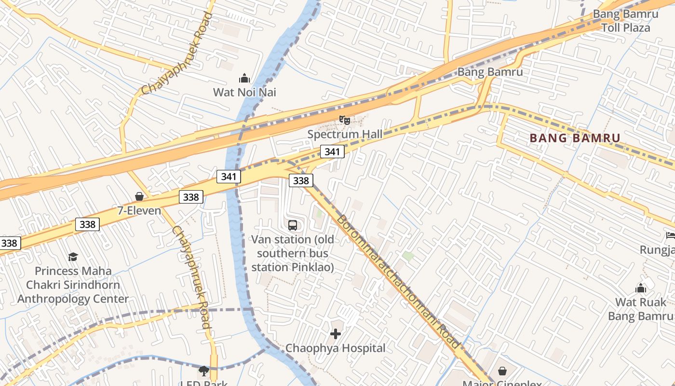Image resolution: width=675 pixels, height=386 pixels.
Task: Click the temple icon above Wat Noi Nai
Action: coord(244,78)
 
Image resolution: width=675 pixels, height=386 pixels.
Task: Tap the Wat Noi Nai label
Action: coord(244,92)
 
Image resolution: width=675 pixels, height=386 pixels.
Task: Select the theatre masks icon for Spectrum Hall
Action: coord(344,120)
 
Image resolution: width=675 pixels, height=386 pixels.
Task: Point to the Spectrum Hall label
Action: coord(345,134)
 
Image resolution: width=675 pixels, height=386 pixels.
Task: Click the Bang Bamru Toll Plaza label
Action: coord(625,21)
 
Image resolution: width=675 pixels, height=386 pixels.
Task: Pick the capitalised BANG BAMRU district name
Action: coord(575,138)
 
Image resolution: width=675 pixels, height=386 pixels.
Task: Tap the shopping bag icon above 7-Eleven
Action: coord(139,196)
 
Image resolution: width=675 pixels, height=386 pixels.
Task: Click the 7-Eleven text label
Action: coord(139,210)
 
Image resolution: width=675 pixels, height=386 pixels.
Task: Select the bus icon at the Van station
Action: coord(293,225)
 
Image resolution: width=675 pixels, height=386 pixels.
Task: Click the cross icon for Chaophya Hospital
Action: coord(336,333)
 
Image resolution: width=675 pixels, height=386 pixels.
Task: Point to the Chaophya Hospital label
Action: coord(336,348)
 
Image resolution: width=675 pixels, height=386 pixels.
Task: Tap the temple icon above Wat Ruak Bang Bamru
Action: coord(641,288)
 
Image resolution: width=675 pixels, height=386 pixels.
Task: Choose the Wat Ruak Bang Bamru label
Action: coord(640,309)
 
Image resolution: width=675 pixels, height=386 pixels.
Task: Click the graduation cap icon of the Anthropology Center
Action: coord(73,257)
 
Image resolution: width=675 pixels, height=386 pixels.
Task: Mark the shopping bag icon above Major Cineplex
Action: coord(502,371)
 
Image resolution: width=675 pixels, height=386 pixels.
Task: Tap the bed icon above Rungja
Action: coord(670,235)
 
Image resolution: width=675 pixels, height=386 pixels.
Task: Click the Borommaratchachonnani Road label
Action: coord(397,282)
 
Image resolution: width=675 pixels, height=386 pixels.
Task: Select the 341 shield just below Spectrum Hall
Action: coord(332,152)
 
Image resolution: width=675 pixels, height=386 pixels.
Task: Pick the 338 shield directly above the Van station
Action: coord(301,180)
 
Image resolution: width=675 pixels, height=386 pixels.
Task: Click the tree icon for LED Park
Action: coord(204,371)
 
